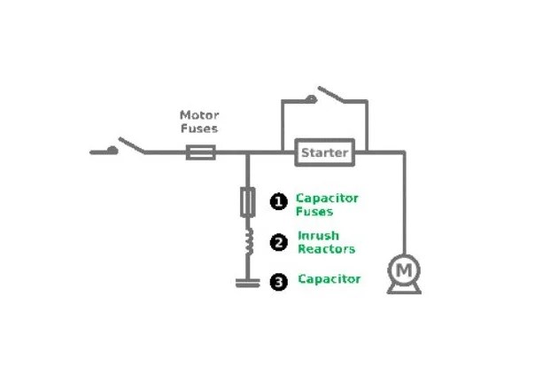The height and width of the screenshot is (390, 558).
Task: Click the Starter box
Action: pyautogui.click(x=325, y=152)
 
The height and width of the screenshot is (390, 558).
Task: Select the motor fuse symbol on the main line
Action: pyautogui.click(x=200, y=152)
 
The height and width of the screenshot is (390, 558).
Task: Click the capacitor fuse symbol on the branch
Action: pyautogui.click(x=248, y=203)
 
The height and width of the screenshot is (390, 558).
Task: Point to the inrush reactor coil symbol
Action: pyautogui.click(x=249, y=241)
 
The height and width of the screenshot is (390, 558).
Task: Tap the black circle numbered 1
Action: pyautogui.click(x=279, y=203)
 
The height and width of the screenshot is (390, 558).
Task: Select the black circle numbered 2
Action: pyautogui.click(x=279, y=242)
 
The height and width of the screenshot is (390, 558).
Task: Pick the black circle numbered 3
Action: pyautogui.click(x=279, y=281)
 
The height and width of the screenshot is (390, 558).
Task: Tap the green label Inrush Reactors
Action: pyautogui.click(x=326, y=242)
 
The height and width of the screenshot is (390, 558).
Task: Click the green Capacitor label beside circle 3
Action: pyautogui.click(x=329, y=279)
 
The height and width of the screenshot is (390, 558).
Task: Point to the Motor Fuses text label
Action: pyautogui.click(x=199, y=121)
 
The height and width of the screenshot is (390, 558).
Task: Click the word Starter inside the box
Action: pyautogui.click(x=325, y=152)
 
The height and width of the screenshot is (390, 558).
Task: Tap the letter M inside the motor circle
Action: pyautogui.click(x=404, y=268)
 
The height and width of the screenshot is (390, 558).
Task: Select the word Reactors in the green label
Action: pyautogui.click(x=326, y=249)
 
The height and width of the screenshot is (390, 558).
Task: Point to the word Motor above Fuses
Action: pyautogui.click(x=199, y=115)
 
